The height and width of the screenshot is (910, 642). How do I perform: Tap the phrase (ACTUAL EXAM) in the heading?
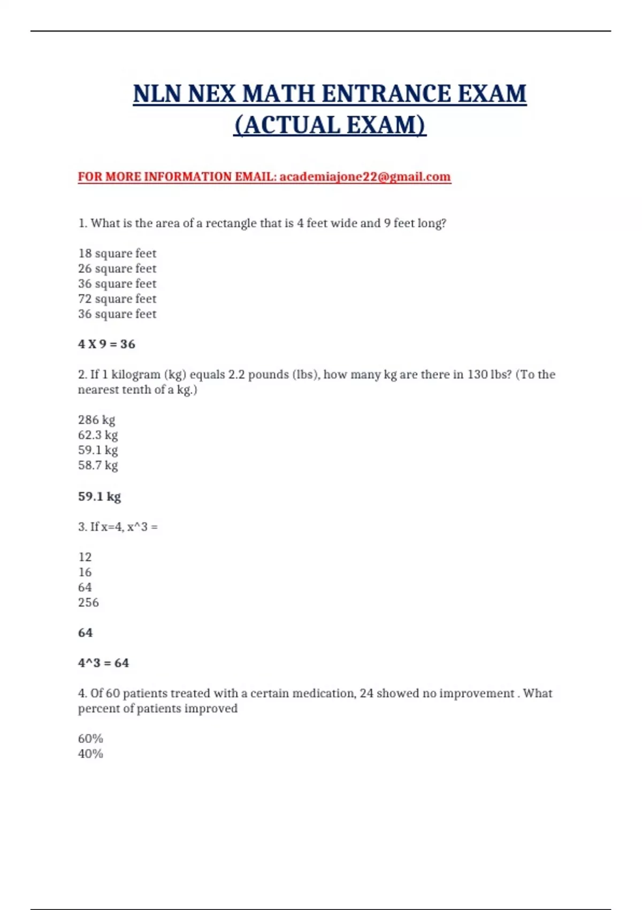point(330,125)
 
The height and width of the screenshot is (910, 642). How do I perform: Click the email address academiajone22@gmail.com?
point(365,177)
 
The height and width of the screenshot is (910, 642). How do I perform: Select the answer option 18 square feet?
point(117,253)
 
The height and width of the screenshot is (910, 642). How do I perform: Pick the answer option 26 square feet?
point(117,268)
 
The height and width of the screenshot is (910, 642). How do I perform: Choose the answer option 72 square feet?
point(117,299)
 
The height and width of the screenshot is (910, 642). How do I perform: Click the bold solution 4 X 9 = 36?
point(106,344)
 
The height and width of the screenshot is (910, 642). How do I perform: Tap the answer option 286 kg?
point(96,420)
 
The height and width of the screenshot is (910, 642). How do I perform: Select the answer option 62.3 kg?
point(98,435)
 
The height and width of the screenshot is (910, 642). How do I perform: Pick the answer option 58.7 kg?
point(98,465)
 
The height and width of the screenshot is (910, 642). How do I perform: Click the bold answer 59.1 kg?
point(100,496)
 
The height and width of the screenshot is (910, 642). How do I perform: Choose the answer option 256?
point(88,602)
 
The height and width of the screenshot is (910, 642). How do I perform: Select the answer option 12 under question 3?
point(85,557)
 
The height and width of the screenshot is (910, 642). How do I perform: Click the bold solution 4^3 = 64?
point(103,663)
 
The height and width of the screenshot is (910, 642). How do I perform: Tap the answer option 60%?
point(90,739)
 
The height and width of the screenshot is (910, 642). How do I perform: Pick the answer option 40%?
point(90,754)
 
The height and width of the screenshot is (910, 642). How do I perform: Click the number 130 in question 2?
point(477,374)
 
